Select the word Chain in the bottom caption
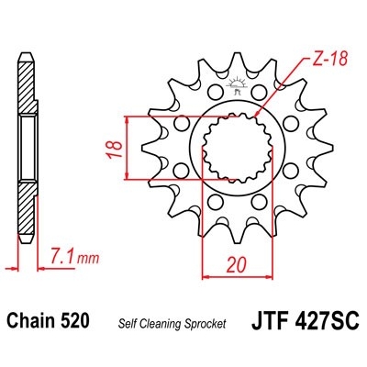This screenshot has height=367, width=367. pyautogui.click(x=29, y=322)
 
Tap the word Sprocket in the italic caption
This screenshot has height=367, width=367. pyautogui.click(x=203, y=324)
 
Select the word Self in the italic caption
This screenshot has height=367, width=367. pyautogui.click(x=127, y=324)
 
